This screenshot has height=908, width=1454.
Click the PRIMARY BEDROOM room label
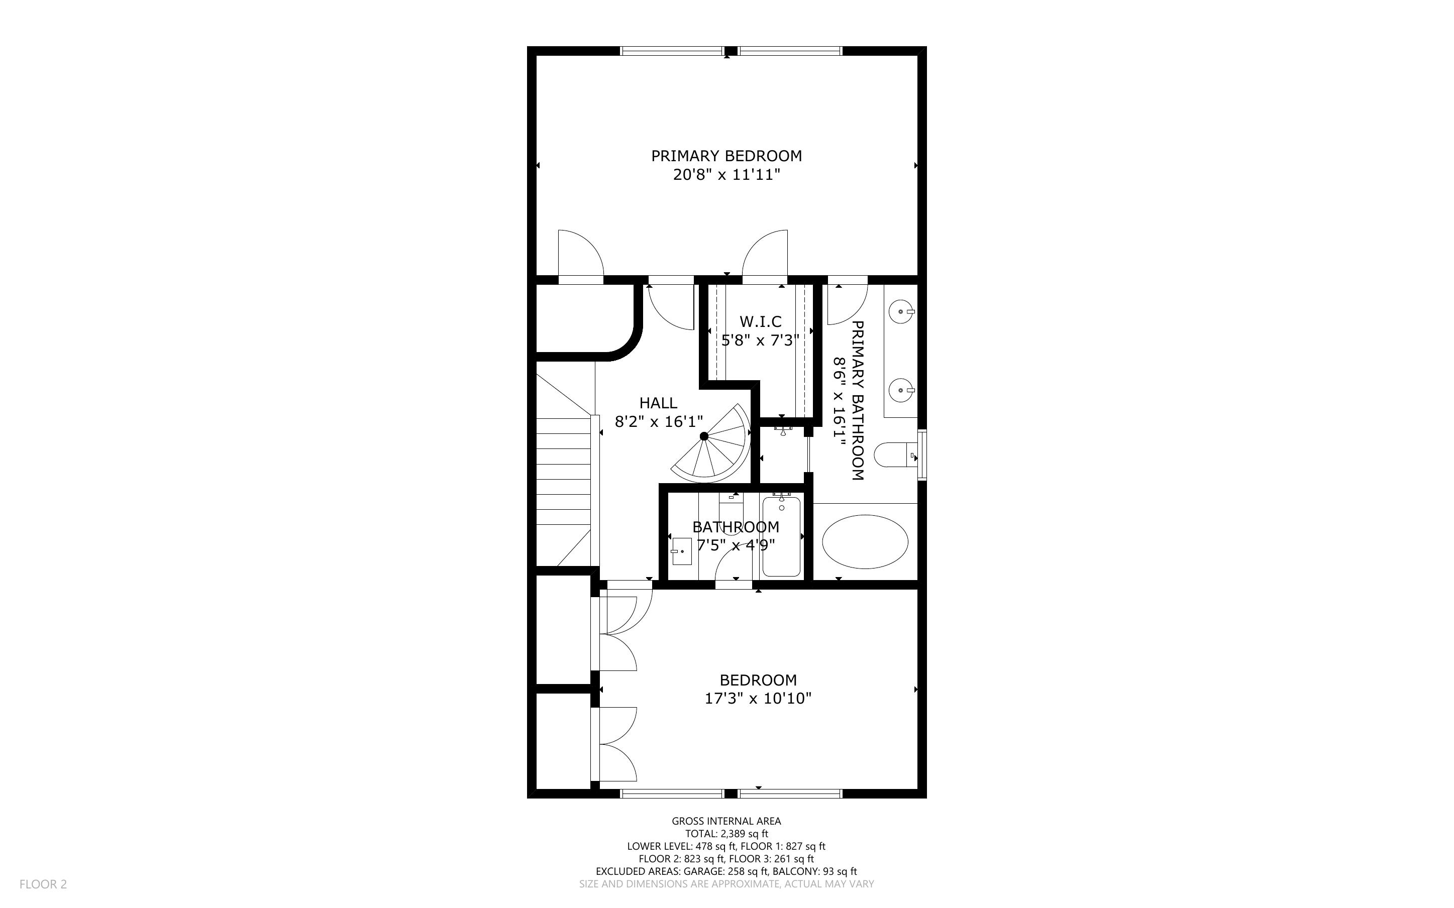pyautogui.click(x=726, y=156)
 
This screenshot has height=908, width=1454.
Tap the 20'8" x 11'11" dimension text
pyautogui.click(x=726, y=175)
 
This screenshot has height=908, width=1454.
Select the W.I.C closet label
pyautogui.click(x=760, y=322)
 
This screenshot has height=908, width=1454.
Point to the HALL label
pyautogui.click(x=658, y=403)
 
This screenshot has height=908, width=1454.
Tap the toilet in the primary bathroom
pyautogui.click(x=895, y=455)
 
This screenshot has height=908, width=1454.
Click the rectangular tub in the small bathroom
pyautogui.click(x=781, y=536)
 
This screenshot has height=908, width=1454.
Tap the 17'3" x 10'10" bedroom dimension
pyautogui.click(x=758, y=699)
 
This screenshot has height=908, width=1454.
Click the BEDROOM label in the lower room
pyautogui.click(x=758, y=680)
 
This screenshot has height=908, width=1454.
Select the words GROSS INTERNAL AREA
pyautogui.click(x=726, y=821)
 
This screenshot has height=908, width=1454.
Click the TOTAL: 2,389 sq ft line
pyautogui.click(x=726, y=834)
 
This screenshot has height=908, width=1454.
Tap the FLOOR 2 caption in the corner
pyautogui.click(x=43, y=884)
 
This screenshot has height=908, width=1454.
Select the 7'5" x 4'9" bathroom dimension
pyautogui.click(x=736, y=545)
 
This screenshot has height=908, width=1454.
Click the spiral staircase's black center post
pyautogui.click(x=704, y=436)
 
